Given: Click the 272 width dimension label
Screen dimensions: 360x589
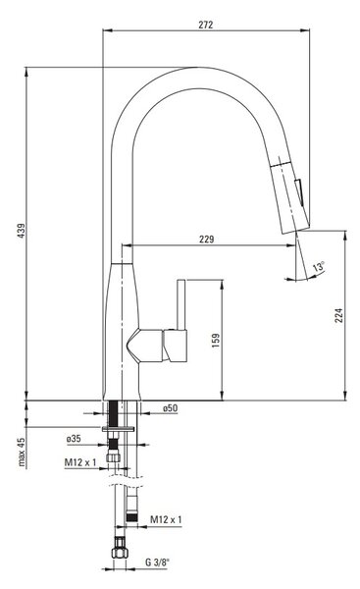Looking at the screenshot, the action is pyautogui.click(x=206, y=25).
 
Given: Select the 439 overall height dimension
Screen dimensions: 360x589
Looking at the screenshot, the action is pyautogui.click(x=22, y=231).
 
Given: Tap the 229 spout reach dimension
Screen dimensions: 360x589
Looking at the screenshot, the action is pyautogui.click(x=206, y=239).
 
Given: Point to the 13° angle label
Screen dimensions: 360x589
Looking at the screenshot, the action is pyautogui.click(x=319, y=267).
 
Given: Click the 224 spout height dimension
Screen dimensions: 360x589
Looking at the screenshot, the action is pyautogui.click(x=338, y=315).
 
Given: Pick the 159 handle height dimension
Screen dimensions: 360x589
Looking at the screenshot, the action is pyautogui.click(x=216, y=341).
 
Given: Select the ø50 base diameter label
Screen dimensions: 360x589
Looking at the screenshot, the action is pyautogui.click(x=170, y=408).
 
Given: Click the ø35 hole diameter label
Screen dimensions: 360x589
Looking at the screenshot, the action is pyautogui.click(x=74, y=439).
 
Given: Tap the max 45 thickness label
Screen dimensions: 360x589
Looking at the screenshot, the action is pyautogui.click(x=22, y=452).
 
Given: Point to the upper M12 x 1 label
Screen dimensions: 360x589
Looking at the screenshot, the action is pyautogui.click(x=80, y=462).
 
